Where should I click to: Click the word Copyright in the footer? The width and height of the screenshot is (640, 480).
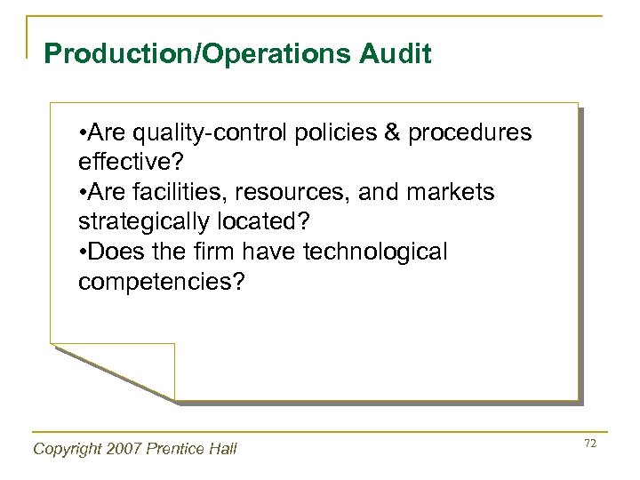(x=68, y=449)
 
